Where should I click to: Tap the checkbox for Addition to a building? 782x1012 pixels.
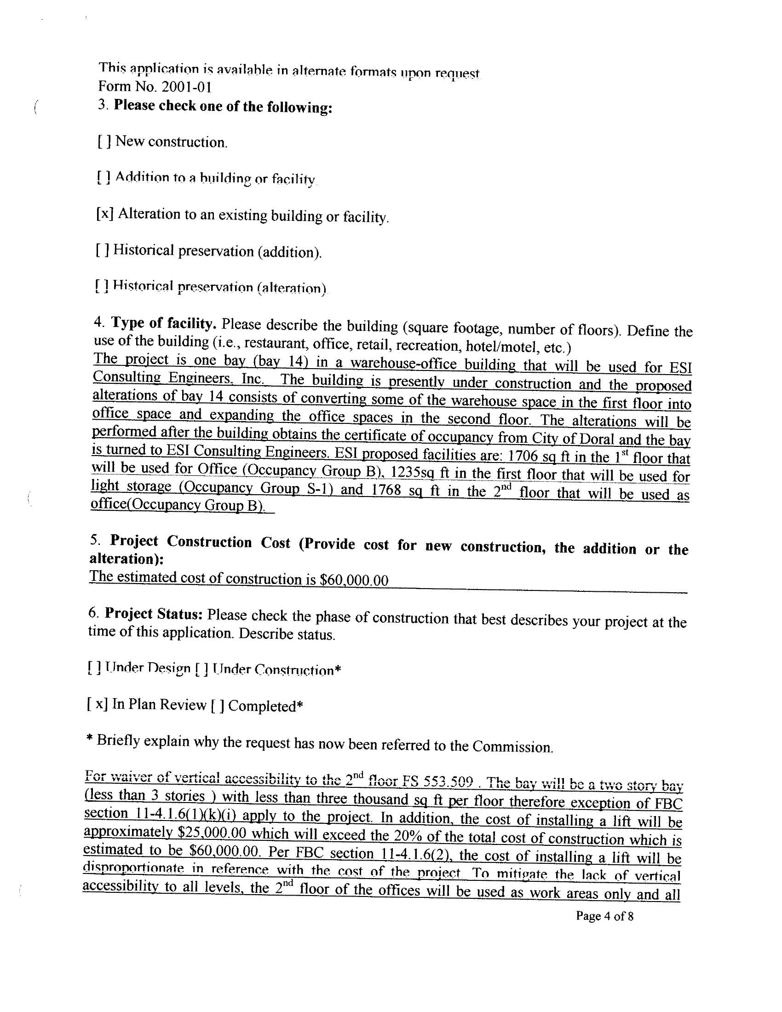click(x=103, y=178)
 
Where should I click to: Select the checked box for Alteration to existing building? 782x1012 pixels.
click(x=105, y=214)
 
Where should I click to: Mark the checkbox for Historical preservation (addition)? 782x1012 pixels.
click(x=103, y=250)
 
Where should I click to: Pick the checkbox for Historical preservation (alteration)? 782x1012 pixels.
click(x=102, y=286)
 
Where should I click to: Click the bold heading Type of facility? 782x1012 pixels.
click(x=162, y=323)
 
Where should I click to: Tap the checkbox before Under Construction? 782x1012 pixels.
click(x=201, y=669)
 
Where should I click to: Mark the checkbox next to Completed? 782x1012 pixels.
click(x=217, y=706)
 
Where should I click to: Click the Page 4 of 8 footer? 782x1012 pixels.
click(x=604, y=917)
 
